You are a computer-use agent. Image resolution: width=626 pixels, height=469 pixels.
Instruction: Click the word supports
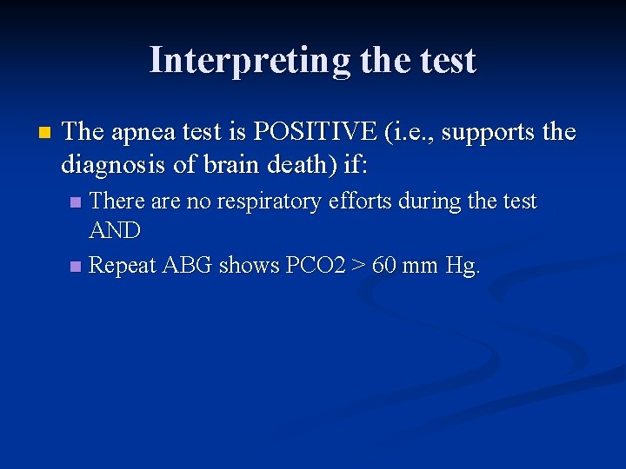(x=489, y=132)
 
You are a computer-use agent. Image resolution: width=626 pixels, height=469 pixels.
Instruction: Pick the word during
(x=443, y=201)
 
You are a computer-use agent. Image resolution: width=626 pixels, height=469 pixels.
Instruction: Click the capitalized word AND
(x=114, y=230)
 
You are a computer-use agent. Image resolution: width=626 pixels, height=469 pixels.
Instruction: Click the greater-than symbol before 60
(x=356, y=264)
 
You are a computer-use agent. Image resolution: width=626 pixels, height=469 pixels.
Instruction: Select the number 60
(x=383, y=264)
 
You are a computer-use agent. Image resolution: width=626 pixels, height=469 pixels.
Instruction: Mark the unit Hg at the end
(x=461, y=264)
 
